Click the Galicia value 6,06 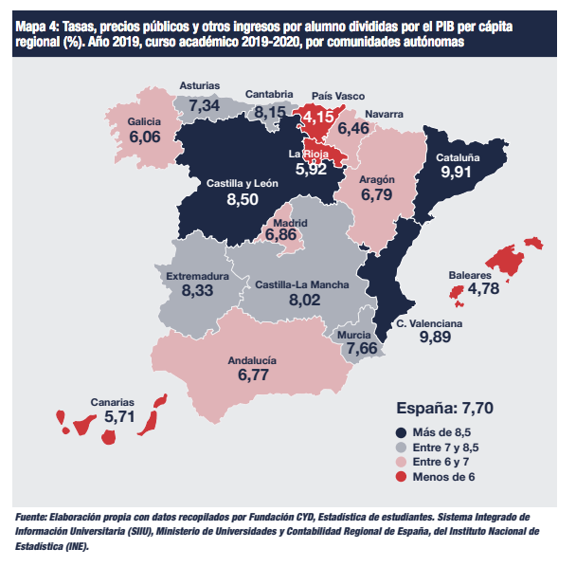pos(145,137)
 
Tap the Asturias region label pos(200,85)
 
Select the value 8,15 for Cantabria pos(270,112)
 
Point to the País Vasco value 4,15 pos(318,118)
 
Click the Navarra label pos(384,115)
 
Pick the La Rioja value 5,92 pos(311,169)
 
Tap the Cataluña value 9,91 pos(456,172)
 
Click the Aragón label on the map pos(377,180)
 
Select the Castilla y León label pos(243,183)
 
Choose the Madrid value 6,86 pos(281,234)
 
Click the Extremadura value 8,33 pos(197,291)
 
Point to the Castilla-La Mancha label pos(302,284)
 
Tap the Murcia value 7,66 pos(362,348)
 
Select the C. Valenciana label pos(429,323)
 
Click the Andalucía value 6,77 pos(253,375)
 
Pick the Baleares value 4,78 pos(483,288)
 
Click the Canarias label pos(113,402)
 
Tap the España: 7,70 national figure pos(445,408)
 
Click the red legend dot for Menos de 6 pos(401,477)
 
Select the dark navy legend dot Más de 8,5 pos(401,432)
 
